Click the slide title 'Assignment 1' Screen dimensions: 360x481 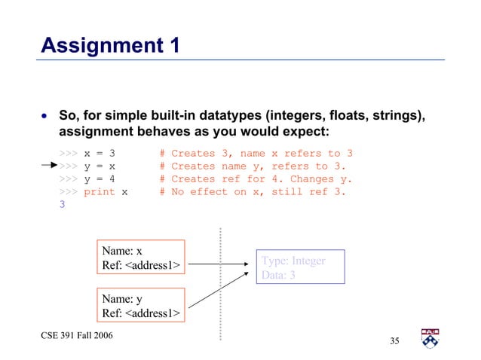110,46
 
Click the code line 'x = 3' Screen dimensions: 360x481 99,154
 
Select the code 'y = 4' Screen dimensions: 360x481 99,178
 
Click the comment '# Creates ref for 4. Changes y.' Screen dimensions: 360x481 256,178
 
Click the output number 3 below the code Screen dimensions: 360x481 62,204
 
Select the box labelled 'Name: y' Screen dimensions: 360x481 141,305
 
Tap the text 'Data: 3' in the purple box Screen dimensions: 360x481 278,275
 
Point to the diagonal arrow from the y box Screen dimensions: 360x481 219,288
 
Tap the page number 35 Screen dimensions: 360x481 394,342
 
